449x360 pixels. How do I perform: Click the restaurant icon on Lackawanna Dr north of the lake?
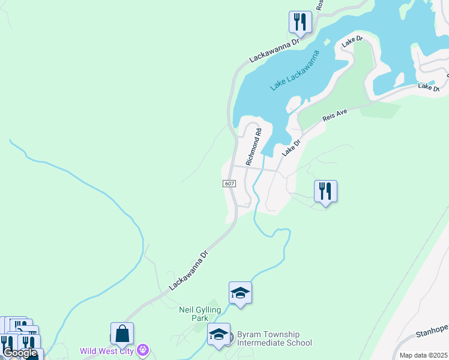(x=299, y=22)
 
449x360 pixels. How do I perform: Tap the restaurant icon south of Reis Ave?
(x=325, y=191)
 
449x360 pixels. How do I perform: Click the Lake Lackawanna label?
(x=294, y=71)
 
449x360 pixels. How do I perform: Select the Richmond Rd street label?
(x=255, y=147)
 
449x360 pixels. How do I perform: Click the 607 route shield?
(x=229, y=183)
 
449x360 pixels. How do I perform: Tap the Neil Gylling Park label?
(x=200, y=314)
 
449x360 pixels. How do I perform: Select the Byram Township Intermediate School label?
(x=274, y=338)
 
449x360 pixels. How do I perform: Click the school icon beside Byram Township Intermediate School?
(x=218, y=334)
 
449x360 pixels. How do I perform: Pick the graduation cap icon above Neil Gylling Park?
(x=240, y=293)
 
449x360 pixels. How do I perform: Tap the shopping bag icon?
(x=122, y=333)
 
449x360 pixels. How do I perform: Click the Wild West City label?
(x=107, y=350)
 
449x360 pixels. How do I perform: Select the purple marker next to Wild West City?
(x=143, y=349)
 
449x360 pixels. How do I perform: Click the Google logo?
(x=20, y=353)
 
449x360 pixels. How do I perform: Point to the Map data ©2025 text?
(x=423, y=355)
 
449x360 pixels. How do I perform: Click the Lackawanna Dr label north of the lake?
(x=274, y=52)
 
